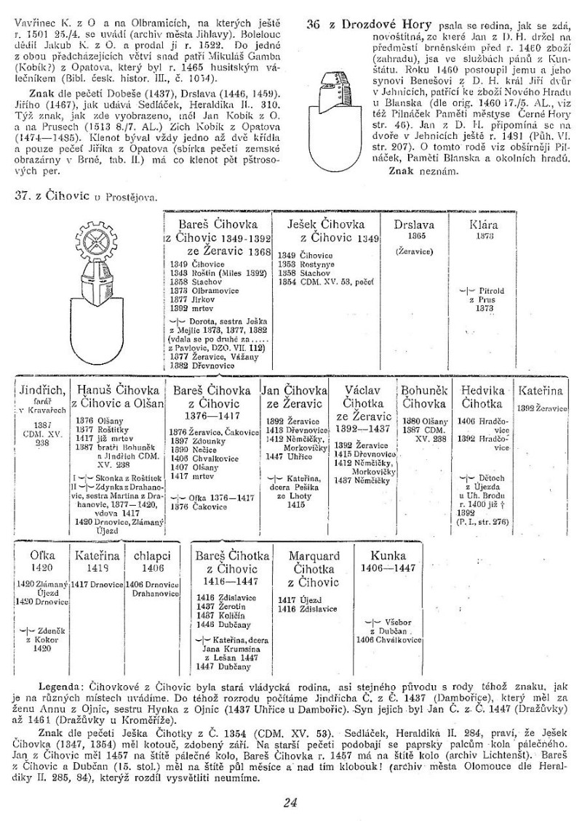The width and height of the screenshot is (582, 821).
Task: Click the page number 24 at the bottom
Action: point(290,802)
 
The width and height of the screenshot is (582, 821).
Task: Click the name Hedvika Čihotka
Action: point(482,397)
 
